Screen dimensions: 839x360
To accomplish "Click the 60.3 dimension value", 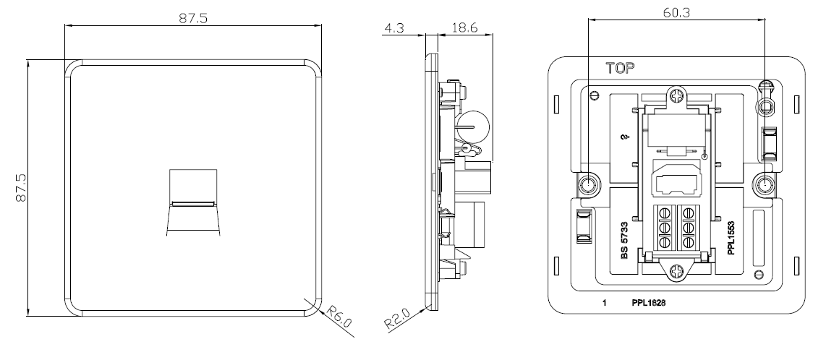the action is coord(676,12).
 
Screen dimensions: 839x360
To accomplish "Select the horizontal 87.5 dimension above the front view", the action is coord(192,17).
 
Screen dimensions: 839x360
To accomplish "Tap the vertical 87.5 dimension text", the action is coord(21,187).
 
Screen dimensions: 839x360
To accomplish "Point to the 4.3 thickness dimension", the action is coord(393,27).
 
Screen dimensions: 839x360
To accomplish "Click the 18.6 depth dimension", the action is coord(464,27).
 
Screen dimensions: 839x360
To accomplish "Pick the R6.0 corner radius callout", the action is coord(339,316).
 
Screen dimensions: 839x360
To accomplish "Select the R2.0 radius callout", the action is coord(397,318).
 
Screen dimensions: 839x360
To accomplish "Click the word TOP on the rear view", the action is coord(620,68).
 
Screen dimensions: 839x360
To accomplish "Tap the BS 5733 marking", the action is coord(624,241).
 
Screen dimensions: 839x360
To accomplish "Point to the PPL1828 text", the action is coord(649,303).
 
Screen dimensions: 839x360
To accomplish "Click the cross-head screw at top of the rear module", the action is coord(677,97).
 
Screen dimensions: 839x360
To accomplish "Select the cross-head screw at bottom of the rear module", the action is coord(677,272).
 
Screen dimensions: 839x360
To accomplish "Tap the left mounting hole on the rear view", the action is coord(589,185).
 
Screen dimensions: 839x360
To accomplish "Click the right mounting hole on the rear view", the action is coord(765,185).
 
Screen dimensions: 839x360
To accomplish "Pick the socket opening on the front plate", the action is coord(192,202).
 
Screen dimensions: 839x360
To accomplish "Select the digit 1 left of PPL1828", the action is coord(605,303).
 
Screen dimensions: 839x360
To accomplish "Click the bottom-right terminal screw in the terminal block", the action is coord(689,242).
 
